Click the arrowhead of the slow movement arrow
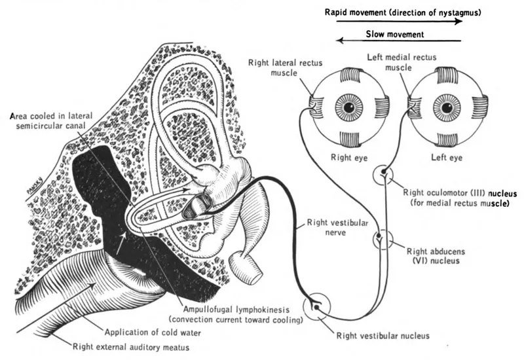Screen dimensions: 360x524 [x=341, y=41]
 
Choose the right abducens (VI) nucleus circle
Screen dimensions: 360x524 [x=381, y=240]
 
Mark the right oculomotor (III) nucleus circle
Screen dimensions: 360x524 [x=382, y=175]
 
